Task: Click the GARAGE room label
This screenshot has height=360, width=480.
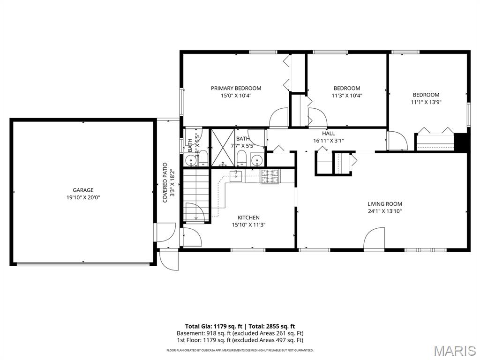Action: click(83, 190)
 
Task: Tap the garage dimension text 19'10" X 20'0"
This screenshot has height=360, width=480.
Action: click(83, 197)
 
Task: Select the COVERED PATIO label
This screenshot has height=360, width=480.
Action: click(165, 183)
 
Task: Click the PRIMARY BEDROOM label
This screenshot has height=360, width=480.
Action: click(236, 88)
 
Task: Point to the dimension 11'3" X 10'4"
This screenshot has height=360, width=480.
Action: click(347, 96)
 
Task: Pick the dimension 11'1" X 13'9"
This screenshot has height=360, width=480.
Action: click(426, 102)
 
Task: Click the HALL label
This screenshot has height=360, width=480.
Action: click(328, 134)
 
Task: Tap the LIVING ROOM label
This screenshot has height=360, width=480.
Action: click(384, 204)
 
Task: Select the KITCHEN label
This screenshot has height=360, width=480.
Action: click(248, 217)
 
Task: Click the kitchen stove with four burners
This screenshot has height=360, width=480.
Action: click(270, 176)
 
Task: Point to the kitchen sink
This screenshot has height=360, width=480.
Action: click(237, 175)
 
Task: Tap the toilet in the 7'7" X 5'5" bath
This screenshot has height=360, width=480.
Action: click(241, 158)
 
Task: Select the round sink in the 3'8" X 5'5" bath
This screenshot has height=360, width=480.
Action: click(190, 161)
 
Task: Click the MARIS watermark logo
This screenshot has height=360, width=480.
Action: click(454, 351)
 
